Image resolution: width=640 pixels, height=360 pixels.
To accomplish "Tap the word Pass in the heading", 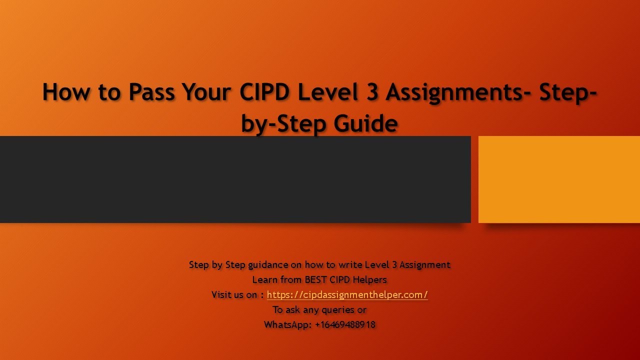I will pos(151,92).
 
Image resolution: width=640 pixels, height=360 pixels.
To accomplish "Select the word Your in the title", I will pos(206,92).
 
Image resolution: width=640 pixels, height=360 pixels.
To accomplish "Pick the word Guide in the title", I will pos(365,123).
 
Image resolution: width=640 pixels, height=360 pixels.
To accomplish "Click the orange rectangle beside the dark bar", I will pos(559,179).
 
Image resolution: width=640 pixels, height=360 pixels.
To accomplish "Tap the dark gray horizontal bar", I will pos(235,179).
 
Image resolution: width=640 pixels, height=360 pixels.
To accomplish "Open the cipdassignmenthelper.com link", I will pos(347,294).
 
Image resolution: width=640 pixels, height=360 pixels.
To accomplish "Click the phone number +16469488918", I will pos(345,324).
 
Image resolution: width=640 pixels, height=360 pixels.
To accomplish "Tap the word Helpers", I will pos(369,279).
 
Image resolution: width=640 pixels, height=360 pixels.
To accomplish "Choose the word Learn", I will pos(264,279).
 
